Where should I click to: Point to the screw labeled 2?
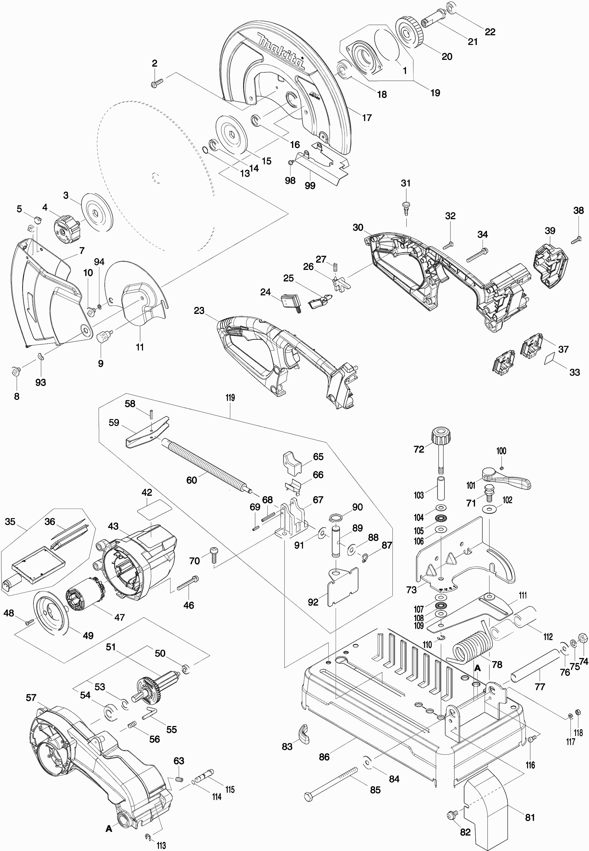[157, 83]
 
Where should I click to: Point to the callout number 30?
[358, 228]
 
